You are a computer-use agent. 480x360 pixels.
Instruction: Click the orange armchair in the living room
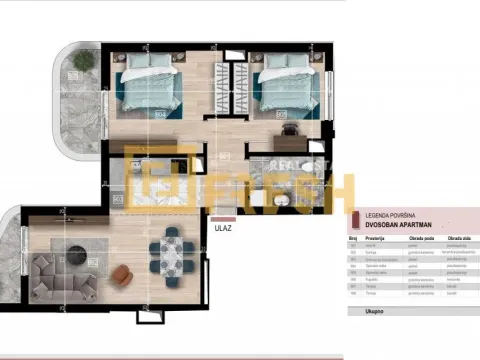[122, 272]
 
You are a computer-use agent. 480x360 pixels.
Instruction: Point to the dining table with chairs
[172, 254]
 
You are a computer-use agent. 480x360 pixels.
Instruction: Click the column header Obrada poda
[414, 240]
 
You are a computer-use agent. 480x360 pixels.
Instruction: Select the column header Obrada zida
[457, 240]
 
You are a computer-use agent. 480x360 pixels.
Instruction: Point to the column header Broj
[353, 240]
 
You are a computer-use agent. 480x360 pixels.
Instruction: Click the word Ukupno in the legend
[364, 311]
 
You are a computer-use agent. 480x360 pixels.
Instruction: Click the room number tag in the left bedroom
[159, 113]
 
